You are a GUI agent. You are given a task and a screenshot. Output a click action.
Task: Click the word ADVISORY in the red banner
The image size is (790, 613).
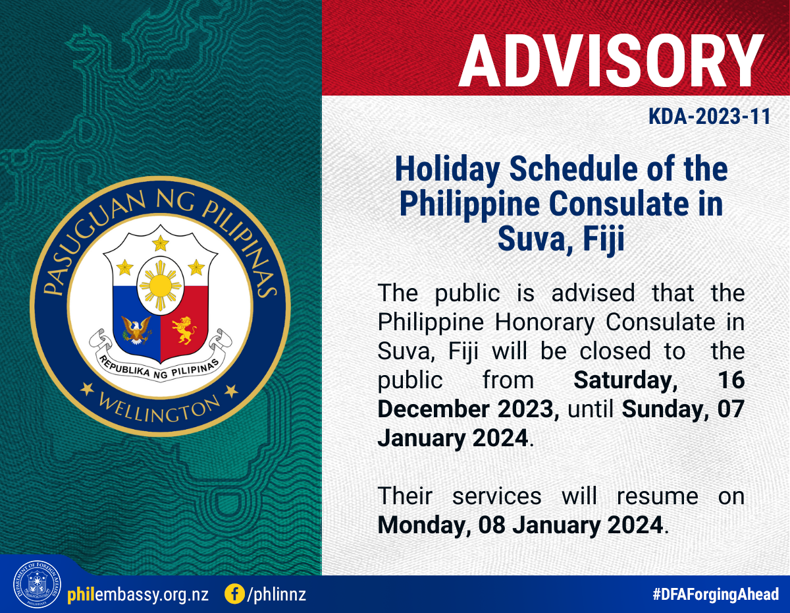pyautogui.click(x=612, y=61)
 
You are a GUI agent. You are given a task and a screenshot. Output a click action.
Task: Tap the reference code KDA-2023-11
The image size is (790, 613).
pyautogui.click(x=710, y=117)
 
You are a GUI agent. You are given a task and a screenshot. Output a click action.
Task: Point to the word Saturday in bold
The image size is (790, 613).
pyautogui.click(x=625, y=380)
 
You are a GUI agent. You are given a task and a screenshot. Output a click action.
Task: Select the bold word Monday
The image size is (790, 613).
pyautogui.click(x=424, y=525)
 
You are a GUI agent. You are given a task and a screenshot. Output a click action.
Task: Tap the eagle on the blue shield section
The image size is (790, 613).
pyautogui.click(x=136, y=330)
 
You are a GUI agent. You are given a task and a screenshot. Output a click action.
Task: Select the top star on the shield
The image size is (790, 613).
pyautogui.click(x=161, y=243)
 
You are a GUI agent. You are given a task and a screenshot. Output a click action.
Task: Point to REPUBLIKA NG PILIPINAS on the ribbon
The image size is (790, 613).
pyautogui.click(x=159, y=368)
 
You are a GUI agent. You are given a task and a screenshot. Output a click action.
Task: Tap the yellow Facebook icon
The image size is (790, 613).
pyautogui.click(x=235, y=594)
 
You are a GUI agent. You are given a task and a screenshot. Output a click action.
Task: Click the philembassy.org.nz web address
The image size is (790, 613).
pyautogui.click(x=138, y=595)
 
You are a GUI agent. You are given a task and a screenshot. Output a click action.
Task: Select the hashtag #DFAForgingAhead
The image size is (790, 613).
pyautogui.click(x=716, y=595)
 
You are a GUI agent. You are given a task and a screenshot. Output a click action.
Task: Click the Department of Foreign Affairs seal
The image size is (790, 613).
pyautogui.click(x=37, y=584)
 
